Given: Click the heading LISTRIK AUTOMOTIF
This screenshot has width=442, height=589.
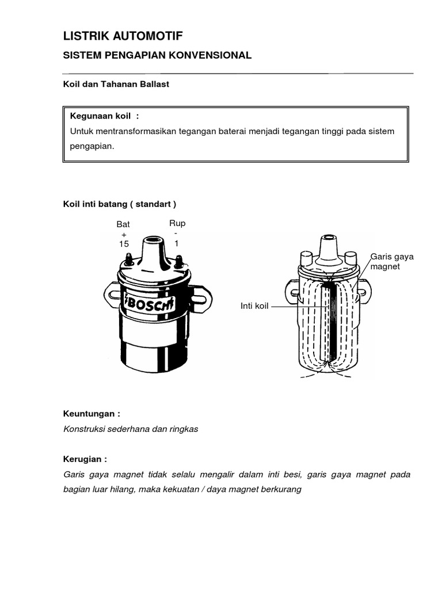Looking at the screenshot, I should pyautogui.click(x=123, y=36).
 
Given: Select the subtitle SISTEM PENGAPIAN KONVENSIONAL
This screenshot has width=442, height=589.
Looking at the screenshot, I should pyautogui.click(x=157, y=55).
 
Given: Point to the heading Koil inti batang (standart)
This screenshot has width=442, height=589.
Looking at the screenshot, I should pyautogui.click(x=119, y=204).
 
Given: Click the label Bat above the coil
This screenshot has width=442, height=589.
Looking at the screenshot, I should pyautogui.click(x=123, y=224).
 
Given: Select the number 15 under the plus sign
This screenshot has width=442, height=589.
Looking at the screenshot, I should pyautogui.click(x=123, y=244).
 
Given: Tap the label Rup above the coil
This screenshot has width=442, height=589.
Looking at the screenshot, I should pyautogui.click(x=177, y=223).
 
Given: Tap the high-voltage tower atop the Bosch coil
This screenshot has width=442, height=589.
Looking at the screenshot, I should pyautogui.click(x=154, y=247).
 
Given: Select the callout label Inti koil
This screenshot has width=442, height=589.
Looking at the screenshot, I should pyautogui.click(x=254, y=307).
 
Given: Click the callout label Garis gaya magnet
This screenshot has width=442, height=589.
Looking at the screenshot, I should pyautogui.click(x=388, y=262).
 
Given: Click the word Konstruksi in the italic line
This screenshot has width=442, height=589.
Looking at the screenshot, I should pyautogui.click(x=85, y=430).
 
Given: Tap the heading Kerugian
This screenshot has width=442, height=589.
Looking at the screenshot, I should pyautogui.click(x=85, y=460).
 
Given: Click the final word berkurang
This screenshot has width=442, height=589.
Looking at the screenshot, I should pyautogui.click(x=282, y=490).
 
